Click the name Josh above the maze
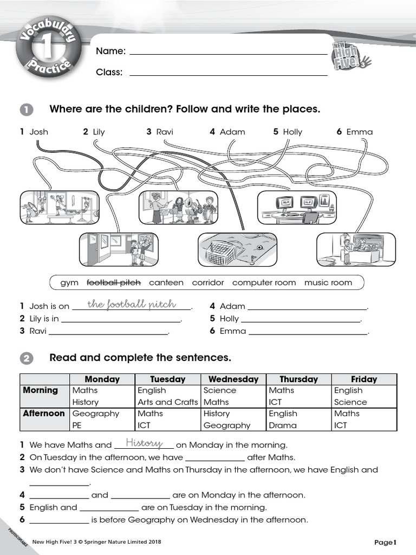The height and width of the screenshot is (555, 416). [39, 132]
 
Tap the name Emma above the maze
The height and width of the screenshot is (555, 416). [360, 132]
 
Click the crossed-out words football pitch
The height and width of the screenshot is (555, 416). [114, 282]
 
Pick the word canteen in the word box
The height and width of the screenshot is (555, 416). [166, 282]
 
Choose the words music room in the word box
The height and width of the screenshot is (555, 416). [328, 282]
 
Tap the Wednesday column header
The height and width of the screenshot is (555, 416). [233, 379]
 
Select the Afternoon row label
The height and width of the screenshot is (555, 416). [44, 414]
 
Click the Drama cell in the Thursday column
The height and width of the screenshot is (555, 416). [283, 425]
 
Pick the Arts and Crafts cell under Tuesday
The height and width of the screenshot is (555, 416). [168, 402]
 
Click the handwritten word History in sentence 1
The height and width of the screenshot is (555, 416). [144, 444]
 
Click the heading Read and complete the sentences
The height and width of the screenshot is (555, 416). [140, 358]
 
